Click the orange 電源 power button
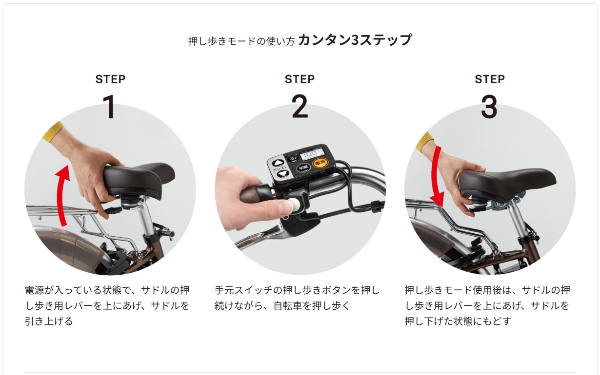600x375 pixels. tap(320, 162)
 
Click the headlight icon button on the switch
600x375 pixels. tap(293, 158)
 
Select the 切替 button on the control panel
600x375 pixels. tap(303, 168)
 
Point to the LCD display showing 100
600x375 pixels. tap(312, 154)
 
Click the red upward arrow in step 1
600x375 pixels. tap(62, 196)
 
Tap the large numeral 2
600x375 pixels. tap(300, 106)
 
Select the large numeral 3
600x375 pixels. tap(489, 107)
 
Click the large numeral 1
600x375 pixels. tap(110, 107)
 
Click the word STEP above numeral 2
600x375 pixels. tap(300, 79)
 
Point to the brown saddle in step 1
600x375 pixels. tap(138, 179)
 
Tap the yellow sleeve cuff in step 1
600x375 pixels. tap(53, 131)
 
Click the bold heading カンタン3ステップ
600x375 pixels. tap(355, 40)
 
